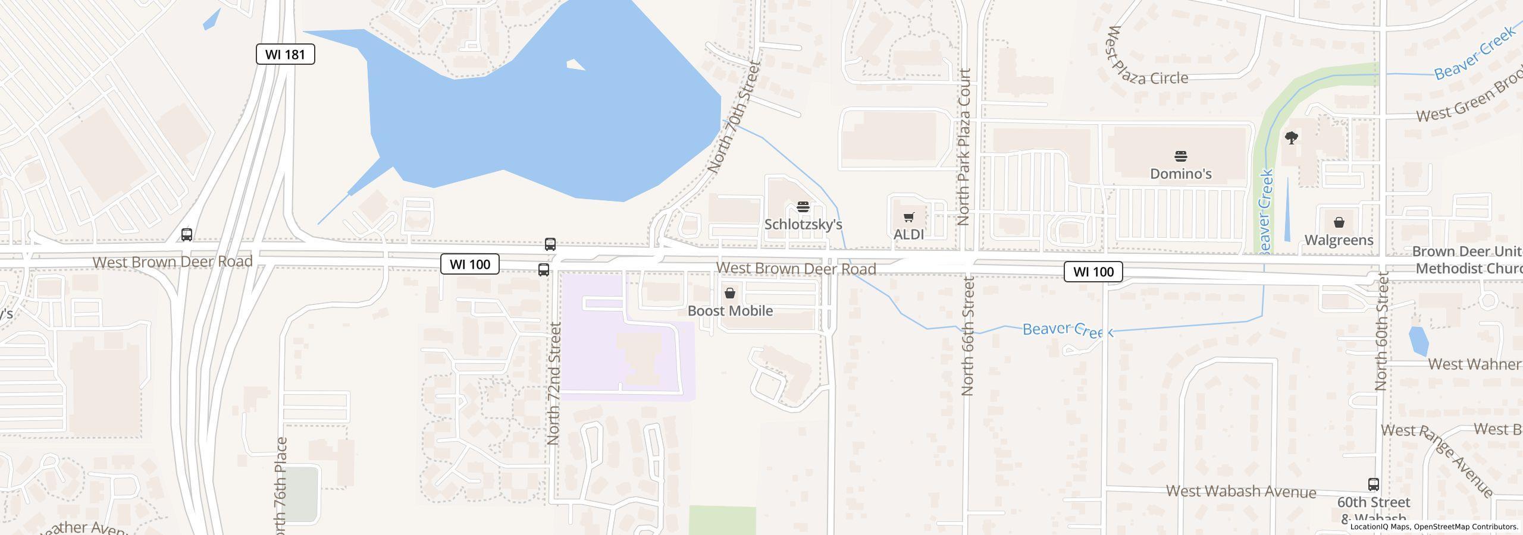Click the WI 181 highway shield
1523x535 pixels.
[x=285, y=54]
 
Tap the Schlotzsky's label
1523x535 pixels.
[x=803, y=224]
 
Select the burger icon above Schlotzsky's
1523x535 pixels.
[x=803, y=207]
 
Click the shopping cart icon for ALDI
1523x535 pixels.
[x=908, y=218]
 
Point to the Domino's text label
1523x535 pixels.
[x=1180, y=174]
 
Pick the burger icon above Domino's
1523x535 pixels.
[x=1181, y=156]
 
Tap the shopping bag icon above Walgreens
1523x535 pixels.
[x=1339, y=222]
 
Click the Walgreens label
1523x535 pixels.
[x=1339, y=240]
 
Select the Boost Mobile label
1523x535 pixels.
[x=730, y=310]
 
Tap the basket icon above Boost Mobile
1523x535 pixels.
[x=730, y=293]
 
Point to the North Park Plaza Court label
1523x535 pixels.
[x=964, y=146]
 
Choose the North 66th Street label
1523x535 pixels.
[x=967, y=336]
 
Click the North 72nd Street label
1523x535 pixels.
[x=554, y=383]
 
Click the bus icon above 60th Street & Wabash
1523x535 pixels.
[x=1373, y=484]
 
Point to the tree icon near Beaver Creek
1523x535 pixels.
[x=1291, y=139]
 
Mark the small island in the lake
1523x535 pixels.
[x=575, y=64]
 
